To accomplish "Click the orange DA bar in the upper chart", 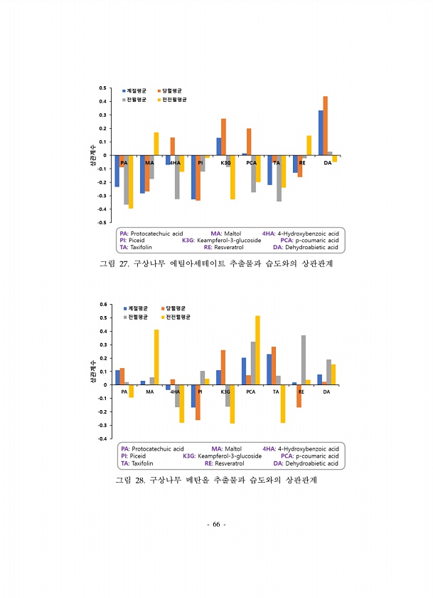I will point(325,125).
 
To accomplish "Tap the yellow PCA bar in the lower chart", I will point(257,350).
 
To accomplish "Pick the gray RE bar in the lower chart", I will point(303,360).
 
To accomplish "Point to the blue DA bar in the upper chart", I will point(321,132).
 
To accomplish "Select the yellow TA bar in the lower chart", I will point(282,404).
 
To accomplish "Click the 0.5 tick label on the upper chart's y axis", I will point(103,88).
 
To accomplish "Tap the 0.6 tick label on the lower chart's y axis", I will point(103,305).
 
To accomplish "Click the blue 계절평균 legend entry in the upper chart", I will point(134,91).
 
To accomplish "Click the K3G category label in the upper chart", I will point(226,163).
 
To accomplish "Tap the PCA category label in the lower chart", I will point(251,392).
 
